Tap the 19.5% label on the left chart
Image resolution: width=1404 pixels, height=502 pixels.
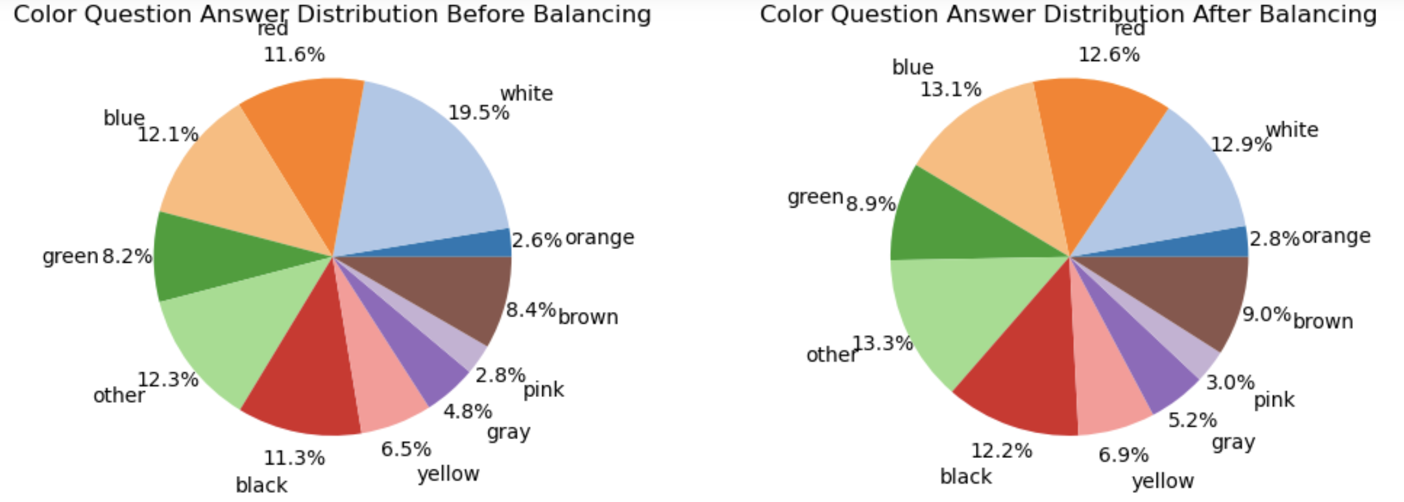point(479,113)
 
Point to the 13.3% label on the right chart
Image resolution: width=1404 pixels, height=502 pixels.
point(882,343)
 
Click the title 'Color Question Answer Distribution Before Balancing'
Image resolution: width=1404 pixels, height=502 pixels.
point(332,14)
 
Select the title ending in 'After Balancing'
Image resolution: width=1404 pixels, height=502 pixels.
point(1068,14)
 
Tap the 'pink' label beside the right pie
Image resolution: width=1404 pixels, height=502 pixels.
point(1274,400)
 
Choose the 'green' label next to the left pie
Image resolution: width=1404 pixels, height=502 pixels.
point(70,257)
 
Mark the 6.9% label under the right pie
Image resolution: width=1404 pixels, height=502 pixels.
point(1123,455)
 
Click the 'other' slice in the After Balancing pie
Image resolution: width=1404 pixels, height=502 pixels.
point(947,311)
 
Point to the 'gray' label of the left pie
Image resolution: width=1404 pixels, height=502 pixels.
point(509,433)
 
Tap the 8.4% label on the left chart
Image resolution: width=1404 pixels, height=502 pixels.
point(531,310)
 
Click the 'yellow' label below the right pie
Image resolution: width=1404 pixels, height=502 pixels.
point(1163,481)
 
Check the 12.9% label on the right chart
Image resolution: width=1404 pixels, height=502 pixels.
point(1241,145)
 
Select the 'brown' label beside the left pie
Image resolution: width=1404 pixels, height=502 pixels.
point(588,317)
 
